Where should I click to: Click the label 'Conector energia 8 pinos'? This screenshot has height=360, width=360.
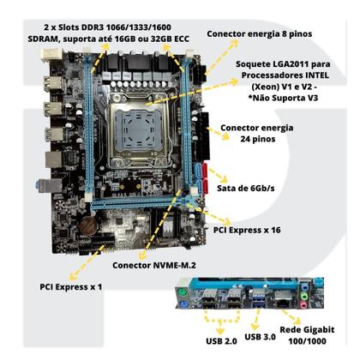260,33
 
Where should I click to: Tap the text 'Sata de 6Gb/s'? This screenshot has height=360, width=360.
246,189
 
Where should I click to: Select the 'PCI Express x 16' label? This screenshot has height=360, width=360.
247,230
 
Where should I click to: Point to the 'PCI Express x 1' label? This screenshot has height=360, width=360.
71,287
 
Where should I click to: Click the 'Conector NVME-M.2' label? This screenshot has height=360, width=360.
154,265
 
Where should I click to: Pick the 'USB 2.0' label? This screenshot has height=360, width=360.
221,341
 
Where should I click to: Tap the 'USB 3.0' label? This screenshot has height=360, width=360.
260,337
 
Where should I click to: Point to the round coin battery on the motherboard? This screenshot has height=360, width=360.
88,225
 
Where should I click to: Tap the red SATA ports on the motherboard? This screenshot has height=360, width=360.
205,178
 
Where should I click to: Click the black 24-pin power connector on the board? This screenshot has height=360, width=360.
205,136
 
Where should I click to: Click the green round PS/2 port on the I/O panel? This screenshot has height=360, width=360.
181,293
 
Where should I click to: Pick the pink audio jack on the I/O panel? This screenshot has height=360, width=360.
303,305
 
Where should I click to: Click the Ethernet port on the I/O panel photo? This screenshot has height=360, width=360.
283,299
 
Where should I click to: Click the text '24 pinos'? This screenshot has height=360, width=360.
258,139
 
